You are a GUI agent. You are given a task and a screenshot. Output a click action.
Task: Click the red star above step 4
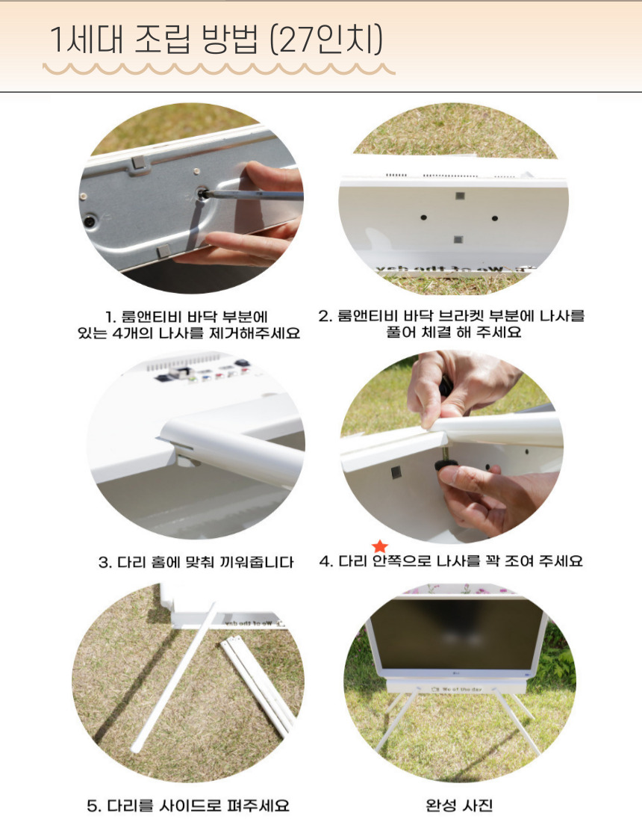pos(380,546)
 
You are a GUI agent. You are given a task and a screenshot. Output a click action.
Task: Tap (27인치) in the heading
pos(326,40)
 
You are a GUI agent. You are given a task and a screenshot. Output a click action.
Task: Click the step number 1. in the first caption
pos(110,317)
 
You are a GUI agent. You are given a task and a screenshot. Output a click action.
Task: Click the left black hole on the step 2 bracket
pos(423,217)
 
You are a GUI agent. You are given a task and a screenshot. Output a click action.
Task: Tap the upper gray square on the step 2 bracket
pos(460,196)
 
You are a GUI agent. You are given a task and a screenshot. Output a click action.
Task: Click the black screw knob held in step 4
pos(446,465)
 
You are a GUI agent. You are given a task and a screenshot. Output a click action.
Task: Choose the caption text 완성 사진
pos(459,806)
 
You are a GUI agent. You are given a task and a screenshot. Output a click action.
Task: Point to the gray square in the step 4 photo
pos(396,473)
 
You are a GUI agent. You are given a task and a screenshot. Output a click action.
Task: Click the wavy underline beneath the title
pos(219,69)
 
